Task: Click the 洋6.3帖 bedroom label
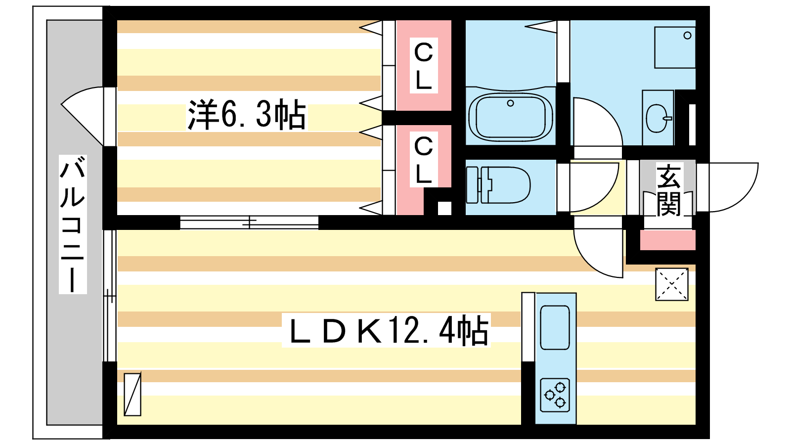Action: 247,115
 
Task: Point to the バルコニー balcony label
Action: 73,224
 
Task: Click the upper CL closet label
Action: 424,66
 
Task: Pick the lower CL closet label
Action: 424,160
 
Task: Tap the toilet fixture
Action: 498,185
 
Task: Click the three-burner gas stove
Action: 555,395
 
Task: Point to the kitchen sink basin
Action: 555,327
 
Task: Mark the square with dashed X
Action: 672,284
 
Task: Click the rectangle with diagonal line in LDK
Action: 132,394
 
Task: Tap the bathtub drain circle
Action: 510,103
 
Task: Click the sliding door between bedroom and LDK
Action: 249,222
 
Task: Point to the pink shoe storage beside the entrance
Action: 668,240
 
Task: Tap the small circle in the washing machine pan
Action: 687,35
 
